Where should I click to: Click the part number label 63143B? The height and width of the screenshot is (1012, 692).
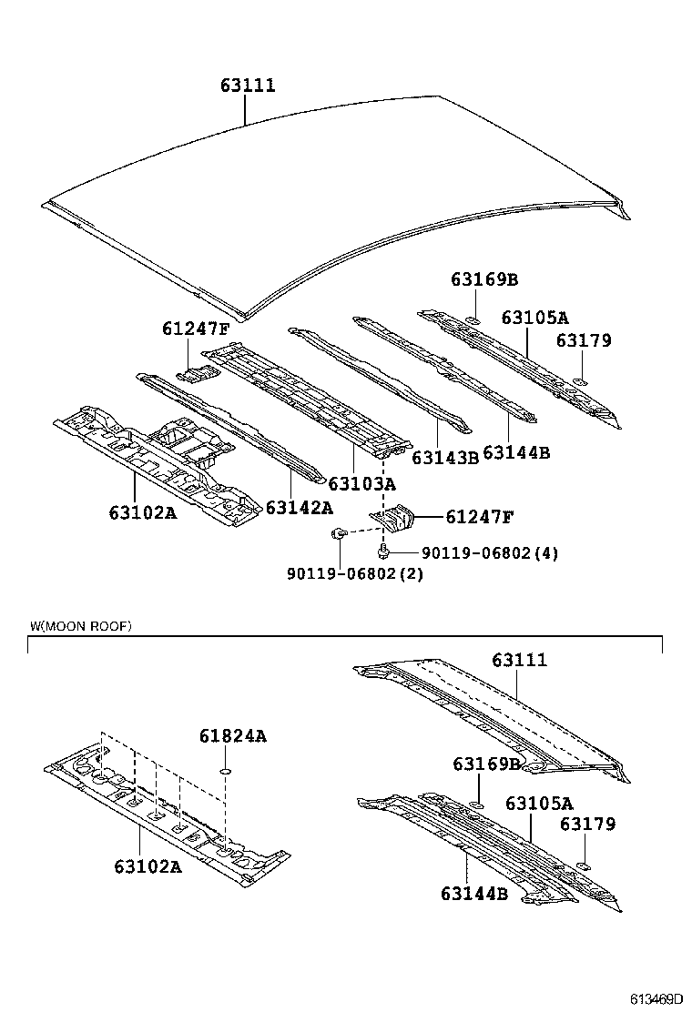[x=444, y=458]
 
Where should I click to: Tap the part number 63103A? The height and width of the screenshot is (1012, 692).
[x=362, y=483]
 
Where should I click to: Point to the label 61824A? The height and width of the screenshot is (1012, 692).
[x=233, y=736]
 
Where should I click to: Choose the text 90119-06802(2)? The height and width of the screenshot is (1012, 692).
[x=355, y=574]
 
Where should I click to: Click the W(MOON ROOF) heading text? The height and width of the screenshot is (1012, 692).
[x=80, y=626]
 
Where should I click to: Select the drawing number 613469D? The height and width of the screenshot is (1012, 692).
[x=653, y=999]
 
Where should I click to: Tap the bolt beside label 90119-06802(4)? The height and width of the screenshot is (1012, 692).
[x=384, y=551]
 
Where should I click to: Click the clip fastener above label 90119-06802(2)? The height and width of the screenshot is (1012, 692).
[x=339, y=533]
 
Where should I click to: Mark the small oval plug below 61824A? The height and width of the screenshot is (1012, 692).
[x=224, y=774]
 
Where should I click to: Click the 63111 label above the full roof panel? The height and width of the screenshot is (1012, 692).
[x=247, y=86]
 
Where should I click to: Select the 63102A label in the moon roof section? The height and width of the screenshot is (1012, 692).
[x=148, y=866]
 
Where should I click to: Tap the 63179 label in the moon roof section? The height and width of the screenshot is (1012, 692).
[x=587, y=824]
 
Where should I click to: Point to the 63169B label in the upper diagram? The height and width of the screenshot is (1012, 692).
[x=484, y=279]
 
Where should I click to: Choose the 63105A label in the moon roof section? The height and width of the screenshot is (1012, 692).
[x=539, y=804]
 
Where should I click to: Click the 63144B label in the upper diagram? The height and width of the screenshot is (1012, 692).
[x=515, y=452]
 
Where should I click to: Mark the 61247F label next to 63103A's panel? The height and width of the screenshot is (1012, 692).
[x=197, y=329]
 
